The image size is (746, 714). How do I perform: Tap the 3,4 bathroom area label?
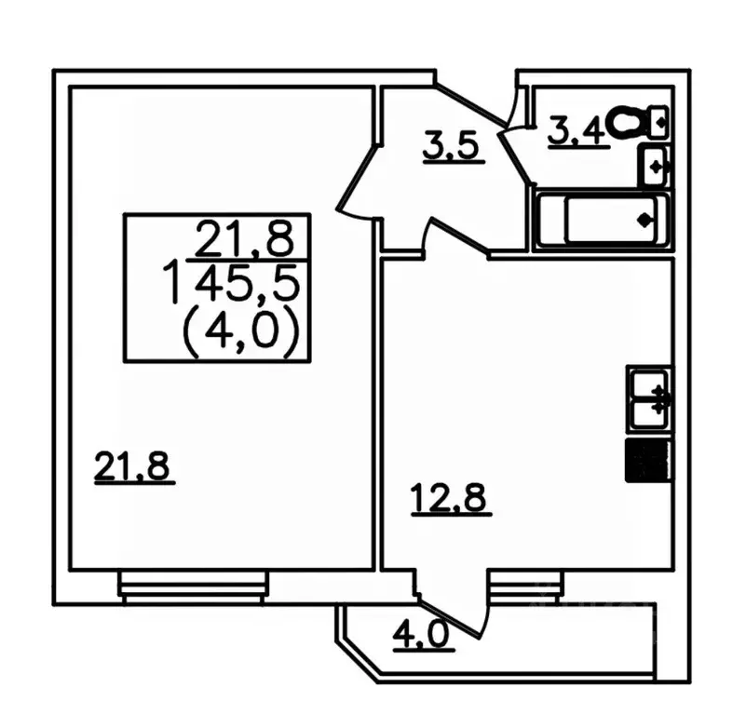[577, 132]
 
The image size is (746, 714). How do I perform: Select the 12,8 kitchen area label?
[451, 499]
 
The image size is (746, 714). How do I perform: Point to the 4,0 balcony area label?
[422, 635]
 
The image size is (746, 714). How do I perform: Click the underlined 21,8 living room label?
[133, 467]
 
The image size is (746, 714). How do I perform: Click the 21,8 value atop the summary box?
[245, 237]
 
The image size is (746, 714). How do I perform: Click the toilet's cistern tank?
[659, 122]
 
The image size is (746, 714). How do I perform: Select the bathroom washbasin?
[655, 167]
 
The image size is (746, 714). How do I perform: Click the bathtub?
[603, 220]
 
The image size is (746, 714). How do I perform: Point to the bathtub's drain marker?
[644, 220]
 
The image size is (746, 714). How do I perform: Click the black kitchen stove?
[649, 462]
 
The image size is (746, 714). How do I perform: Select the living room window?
[194, 587]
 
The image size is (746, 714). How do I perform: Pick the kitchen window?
[525, 586]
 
